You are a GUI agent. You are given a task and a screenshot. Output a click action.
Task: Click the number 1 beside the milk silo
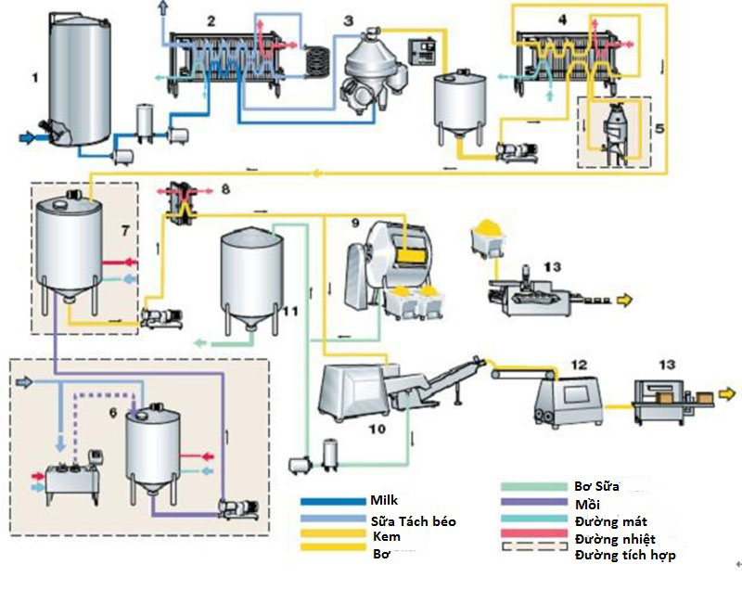35,78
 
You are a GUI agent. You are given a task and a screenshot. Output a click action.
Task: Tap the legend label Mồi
586,504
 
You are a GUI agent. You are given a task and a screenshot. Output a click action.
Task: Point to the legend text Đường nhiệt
612,538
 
